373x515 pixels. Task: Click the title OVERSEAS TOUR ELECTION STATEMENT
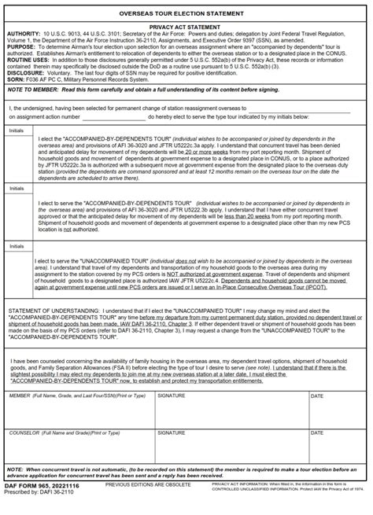pos(186,14)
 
